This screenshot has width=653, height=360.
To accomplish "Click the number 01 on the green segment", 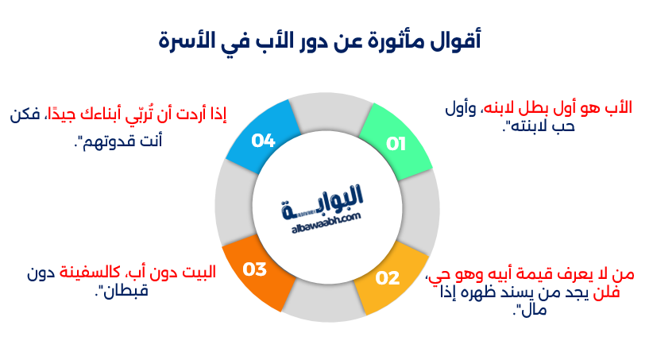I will (x=396, y=144).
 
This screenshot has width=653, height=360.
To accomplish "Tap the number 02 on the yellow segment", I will (x=387, y=278).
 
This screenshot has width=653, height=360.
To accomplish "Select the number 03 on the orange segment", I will (x=254, y=269).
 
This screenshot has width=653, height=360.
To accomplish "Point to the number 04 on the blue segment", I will (x=263, y=140).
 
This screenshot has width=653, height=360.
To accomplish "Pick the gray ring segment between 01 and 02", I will (x=423, y=211).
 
